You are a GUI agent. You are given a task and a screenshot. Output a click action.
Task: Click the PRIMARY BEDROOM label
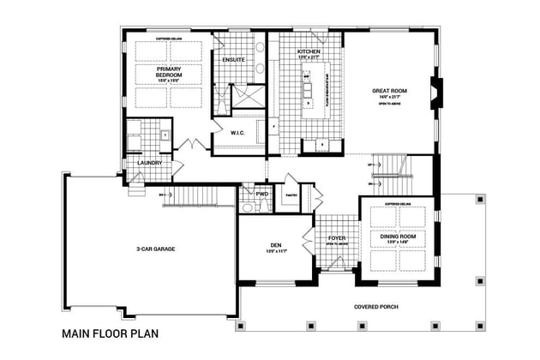pos(168,71)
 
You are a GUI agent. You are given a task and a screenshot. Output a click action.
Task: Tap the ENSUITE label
pos(233,60)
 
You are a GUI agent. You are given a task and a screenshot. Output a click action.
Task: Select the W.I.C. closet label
pos(238,132)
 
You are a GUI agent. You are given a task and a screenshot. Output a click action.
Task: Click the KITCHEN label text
pos(309,52)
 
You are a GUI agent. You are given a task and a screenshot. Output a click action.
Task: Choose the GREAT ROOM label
pos(388,90)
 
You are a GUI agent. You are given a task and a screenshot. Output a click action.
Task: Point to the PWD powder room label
pos(261,194)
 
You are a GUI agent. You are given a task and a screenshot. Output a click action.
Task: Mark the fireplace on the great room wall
pos(435,91)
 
